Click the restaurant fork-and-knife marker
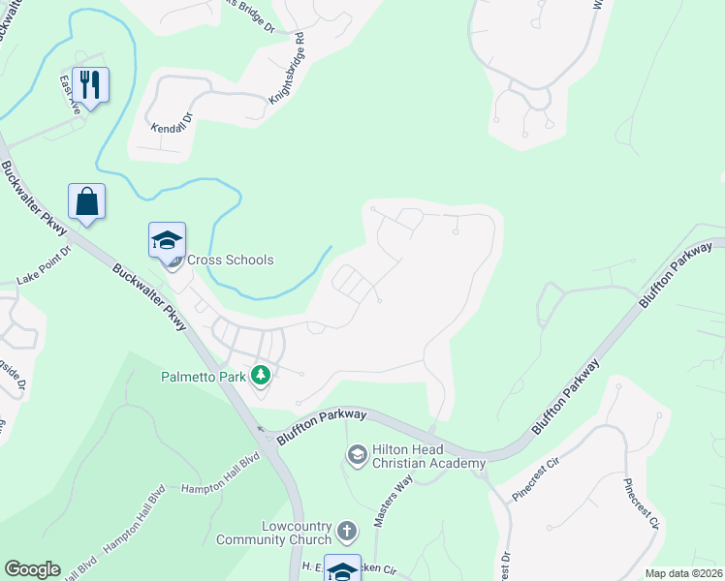point(89,85)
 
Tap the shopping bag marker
point(87,201)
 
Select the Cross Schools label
point(230,260)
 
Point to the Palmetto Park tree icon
point(260,375)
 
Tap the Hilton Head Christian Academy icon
point(357,453)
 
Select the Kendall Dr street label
point(173,128)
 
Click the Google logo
point(32,569)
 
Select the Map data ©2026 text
point(683,573)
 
